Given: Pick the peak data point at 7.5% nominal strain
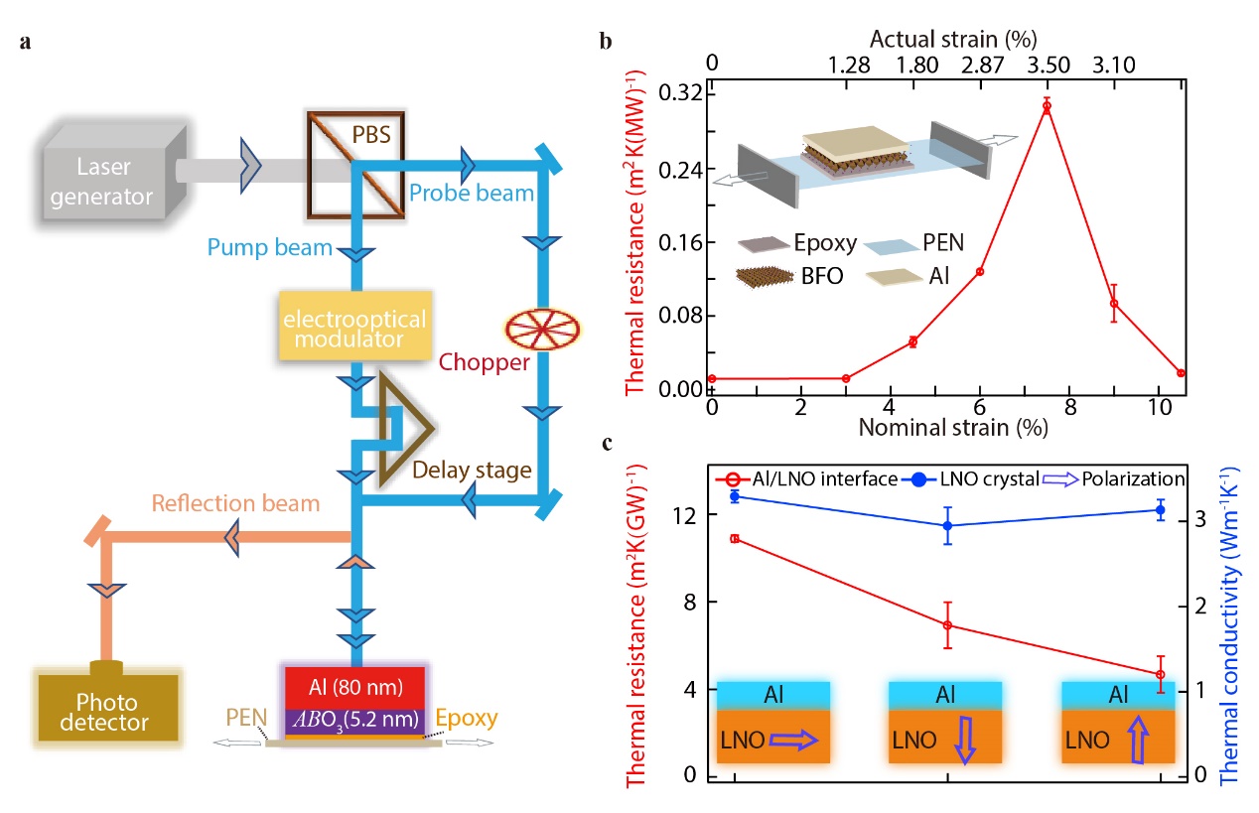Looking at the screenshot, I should point(1047,105).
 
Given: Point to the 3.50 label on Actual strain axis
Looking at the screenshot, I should point(1046,67).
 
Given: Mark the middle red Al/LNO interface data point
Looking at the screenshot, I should point(948,625).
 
